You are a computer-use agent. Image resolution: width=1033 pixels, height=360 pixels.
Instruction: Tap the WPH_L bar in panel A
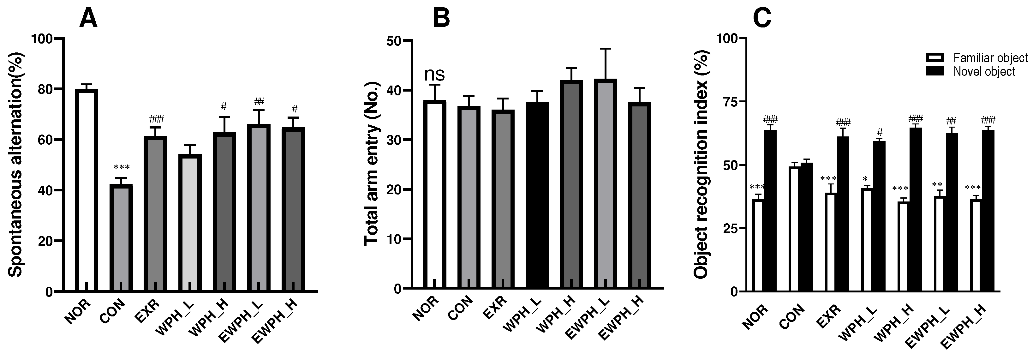(190, 223)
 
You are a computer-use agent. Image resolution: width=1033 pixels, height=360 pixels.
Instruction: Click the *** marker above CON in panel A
(122, 167)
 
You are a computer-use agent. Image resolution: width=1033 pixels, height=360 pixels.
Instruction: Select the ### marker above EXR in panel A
(156, 119)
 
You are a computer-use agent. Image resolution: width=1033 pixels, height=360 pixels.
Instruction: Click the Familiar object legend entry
(977, 58)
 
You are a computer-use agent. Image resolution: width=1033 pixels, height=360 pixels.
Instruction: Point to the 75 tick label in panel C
(727, 102)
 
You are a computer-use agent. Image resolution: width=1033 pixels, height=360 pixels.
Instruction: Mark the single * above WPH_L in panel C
(865, 179)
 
